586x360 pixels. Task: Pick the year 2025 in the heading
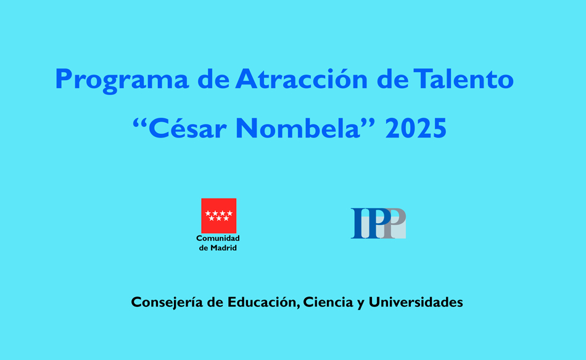pos(416,129)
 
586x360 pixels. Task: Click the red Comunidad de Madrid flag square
pos(218,215)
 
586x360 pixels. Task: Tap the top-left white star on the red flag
pos(208,213)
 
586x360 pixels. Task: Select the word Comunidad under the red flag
pos(218,238)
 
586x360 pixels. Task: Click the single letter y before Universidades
pos(360,304)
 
